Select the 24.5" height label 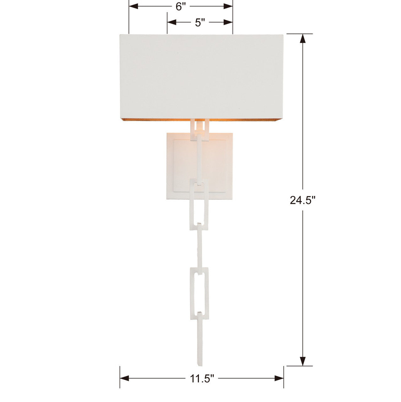pyautogui.click(x=302, y=200)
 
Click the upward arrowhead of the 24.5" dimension pyautogui.click(x=302, y=38)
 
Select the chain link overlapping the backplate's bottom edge pyautogui.click(x=199, y=201)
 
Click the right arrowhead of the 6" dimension pyautogui.click(x=228, y=6)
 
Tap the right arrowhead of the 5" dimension pyautogui.click(x=228, y=22)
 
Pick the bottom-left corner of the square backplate pyautogui.click(x=167, y=198)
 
